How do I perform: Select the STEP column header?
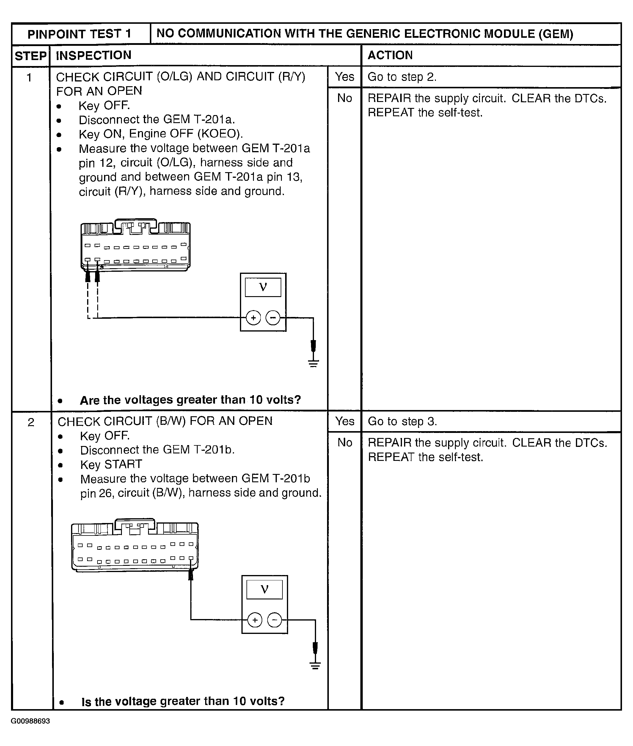[x=31, y=56]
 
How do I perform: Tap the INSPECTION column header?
[x=94, y=55]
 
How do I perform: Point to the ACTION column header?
[x=390, y=55]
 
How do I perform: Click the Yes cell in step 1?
[x=345, y=76]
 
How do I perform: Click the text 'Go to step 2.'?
[x=402, y=77]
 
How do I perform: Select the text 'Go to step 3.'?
[x=402, y=421]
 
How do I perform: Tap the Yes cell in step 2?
[x=345, y=421]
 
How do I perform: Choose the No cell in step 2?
[x=345, y=442]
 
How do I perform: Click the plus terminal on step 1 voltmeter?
[x=253, y=318]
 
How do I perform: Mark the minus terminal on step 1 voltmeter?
[x=273, y=318]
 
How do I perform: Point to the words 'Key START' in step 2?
[x=111, y=464]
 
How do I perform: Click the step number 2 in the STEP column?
[x=31, y=422]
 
